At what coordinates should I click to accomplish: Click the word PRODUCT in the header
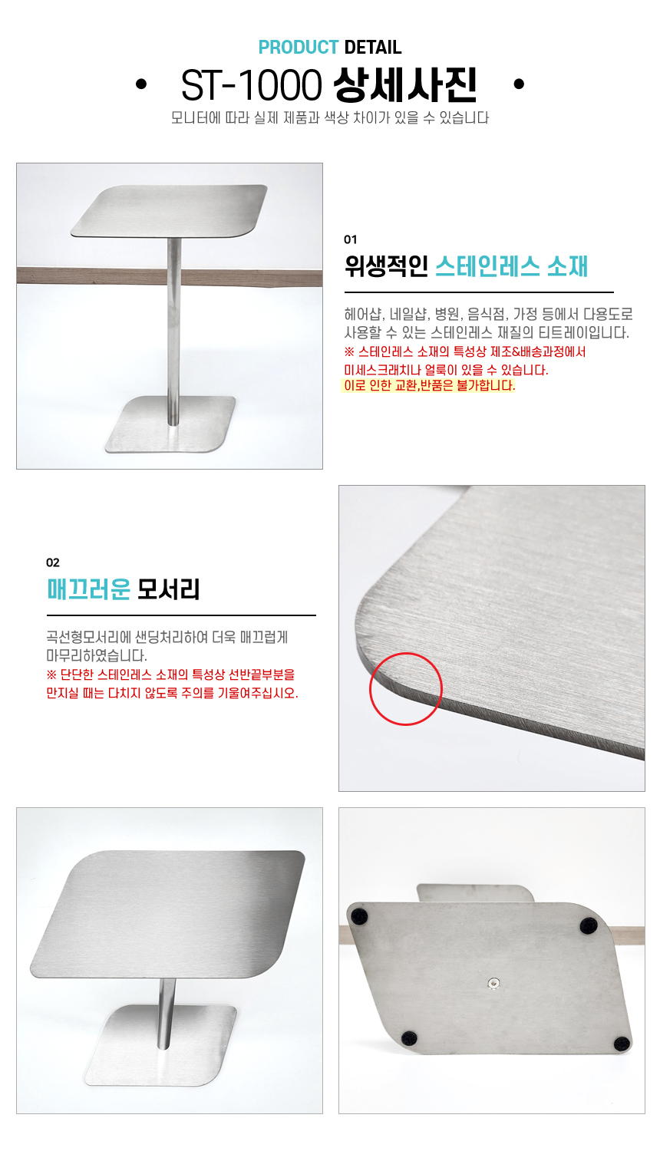298,48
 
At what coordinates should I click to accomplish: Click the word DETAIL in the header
373,48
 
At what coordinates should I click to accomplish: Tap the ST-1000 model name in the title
252,85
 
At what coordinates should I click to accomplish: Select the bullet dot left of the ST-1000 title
141,84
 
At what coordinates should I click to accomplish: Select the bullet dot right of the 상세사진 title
519,84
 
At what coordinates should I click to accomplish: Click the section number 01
350,239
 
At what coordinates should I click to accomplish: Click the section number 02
52,562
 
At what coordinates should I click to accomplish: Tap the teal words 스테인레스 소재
511,267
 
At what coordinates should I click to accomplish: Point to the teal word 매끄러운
88,589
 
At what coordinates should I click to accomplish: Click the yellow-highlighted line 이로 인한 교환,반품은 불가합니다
428,385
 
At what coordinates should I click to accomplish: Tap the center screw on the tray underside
493,983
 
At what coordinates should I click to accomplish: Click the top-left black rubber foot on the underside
358,916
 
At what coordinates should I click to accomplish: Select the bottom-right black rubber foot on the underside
622,1043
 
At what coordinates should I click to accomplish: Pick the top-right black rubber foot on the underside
589,926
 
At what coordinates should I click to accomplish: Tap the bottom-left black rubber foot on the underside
408,1038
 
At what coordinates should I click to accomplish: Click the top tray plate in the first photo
169,211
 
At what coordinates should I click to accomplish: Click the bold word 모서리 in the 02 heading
169,589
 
